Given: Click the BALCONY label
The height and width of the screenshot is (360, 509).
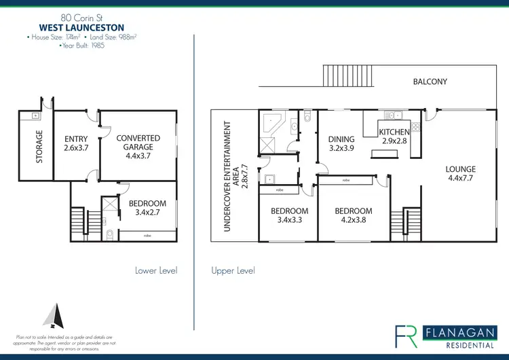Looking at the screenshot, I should [430, 82].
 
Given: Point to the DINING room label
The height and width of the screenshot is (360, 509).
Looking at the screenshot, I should [341, 144].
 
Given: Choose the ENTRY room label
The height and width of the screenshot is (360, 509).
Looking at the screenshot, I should [76, 143].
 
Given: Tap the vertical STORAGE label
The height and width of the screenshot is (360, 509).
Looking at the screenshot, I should [39, 147].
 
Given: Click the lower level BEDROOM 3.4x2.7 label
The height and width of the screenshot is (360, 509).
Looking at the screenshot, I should [147, 208].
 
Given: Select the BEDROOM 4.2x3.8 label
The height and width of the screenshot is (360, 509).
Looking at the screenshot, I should [354, 215].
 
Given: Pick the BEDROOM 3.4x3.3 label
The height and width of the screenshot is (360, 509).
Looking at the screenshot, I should [290, 215].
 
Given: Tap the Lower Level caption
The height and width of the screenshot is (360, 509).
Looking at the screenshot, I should [157, 270].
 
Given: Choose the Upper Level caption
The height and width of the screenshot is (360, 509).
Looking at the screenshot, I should [233, 270].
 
